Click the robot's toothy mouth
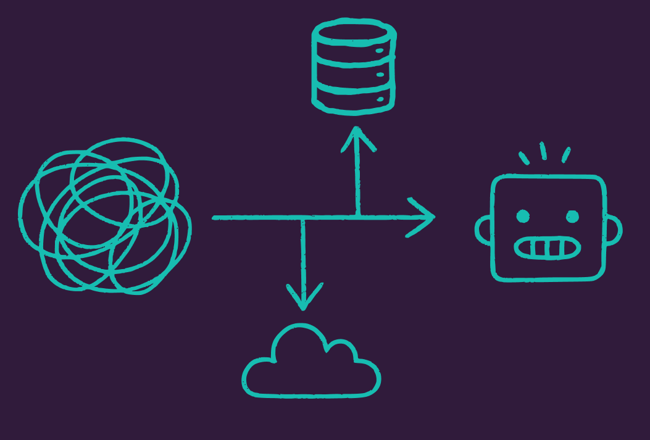tap(548, 249)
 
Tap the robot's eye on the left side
tap(523, 216)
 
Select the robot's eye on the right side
tap(572, 217)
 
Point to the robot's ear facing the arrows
tap(483, 230)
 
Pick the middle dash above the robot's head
tap(543, 151)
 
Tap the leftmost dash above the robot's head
tap(524, 158)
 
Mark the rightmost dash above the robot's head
tap(565, 155)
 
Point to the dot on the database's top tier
tap(380, 51)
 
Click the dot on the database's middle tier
tap(380, 75)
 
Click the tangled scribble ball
tap(105, 216)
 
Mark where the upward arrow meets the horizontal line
tap(357, 217)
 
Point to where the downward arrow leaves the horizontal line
tap(302, 218)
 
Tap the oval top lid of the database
tap(354, 33)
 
